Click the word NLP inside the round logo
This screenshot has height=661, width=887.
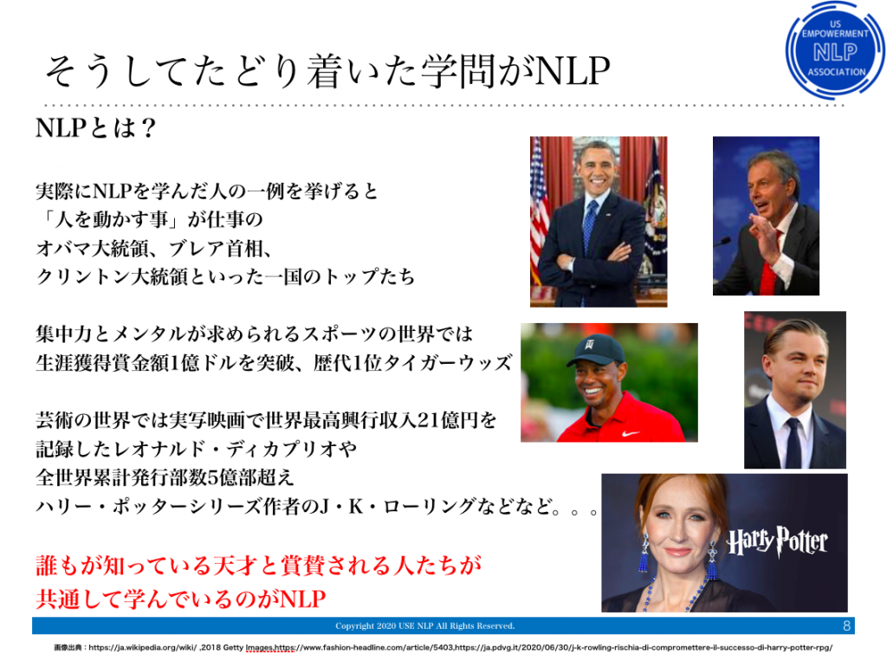[835, 53]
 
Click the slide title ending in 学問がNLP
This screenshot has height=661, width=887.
[327, 72]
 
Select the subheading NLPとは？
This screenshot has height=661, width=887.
[95, 128]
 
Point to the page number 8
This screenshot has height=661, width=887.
[846, 625]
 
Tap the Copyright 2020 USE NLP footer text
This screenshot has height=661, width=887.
[424, 625]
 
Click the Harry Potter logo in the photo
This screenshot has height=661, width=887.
[777, 541]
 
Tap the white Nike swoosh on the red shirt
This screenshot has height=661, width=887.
[629, 434]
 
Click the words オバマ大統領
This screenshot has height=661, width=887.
[92, 249]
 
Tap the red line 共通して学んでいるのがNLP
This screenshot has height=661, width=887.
[181, 599]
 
